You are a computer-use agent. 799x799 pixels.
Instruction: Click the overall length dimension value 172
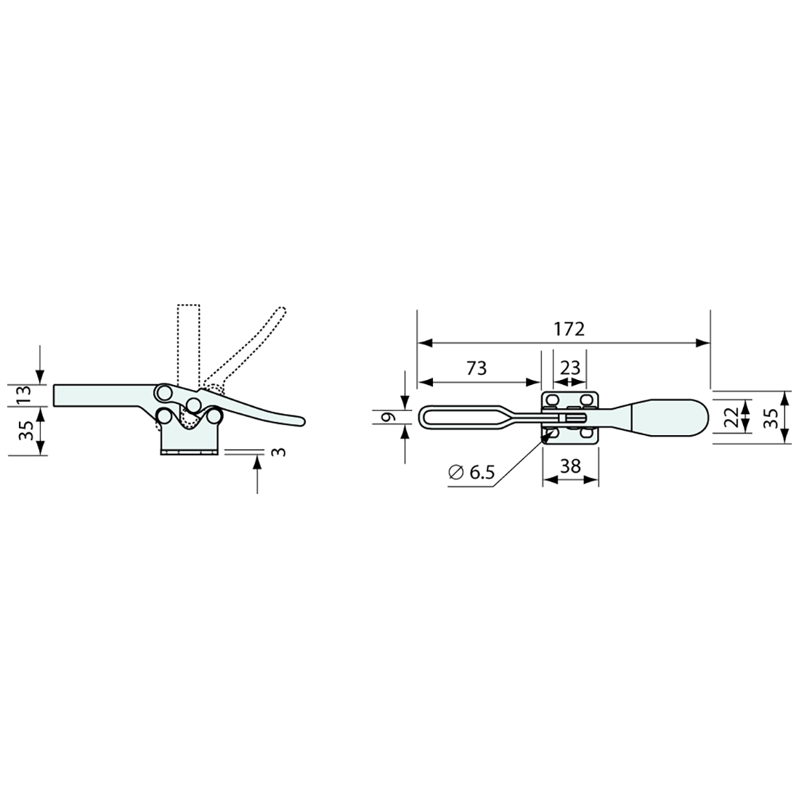pos(569,329)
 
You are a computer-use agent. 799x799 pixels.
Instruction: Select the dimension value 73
pos(476,368)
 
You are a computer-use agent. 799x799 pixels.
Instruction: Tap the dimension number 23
pos(570,368)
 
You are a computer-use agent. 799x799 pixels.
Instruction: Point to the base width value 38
pos(570,466)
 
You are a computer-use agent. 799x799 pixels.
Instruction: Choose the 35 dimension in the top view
pos(771,418)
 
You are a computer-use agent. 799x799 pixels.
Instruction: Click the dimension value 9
pos(389,418)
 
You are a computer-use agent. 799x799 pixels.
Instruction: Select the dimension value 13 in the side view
pos(24,395)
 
